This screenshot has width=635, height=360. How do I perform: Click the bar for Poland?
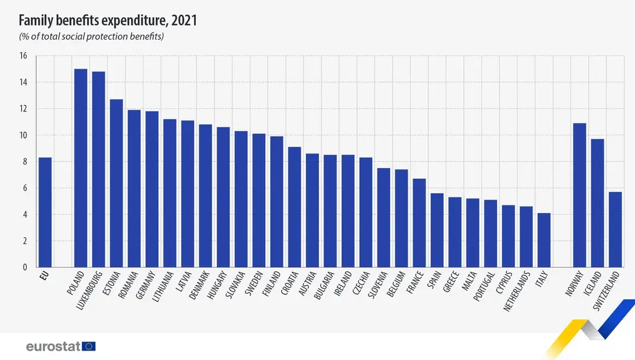pyautogui.click(x=80, y=168)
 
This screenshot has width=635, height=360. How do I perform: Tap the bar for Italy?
pyautogui.click(x=544, y=240)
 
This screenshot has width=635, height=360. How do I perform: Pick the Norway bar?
pyautogui.click(x=579, y=195)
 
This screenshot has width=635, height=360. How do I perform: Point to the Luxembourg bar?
pyautogui.click(x=98, y=169)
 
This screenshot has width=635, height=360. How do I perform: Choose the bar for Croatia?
pyautogui.click(x=294, y=207)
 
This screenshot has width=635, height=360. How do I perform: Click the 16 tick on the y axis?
pyautogui.click(x=23, y=56)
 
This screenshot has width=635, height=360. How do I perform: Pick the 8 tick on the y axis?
pyautogui.click(x=25, y=162)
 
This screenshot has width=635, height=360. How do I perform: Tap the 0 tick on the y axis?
pyautogui.click(x=25, y=268)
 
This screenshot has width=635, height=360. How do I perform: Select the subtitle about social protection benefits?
pyautogui.click(x=92, y=37)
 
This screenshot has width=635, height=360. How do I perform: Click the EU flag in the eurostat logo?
pyautogui.click(x=89, y=346)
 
